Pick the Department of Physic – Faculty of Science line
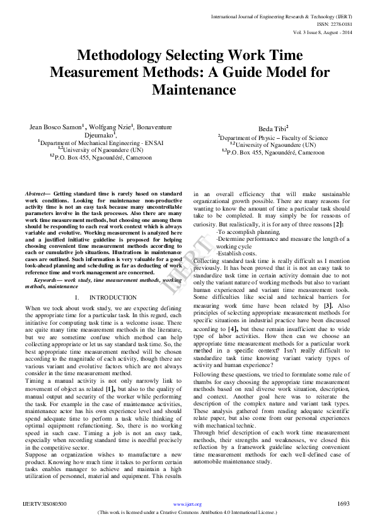[x=274, y=137]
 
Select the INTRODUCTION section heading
[x=113, y=297]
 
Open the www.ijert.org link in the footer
[x=187, y=505]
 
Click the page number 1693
[x=343, y=504]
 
